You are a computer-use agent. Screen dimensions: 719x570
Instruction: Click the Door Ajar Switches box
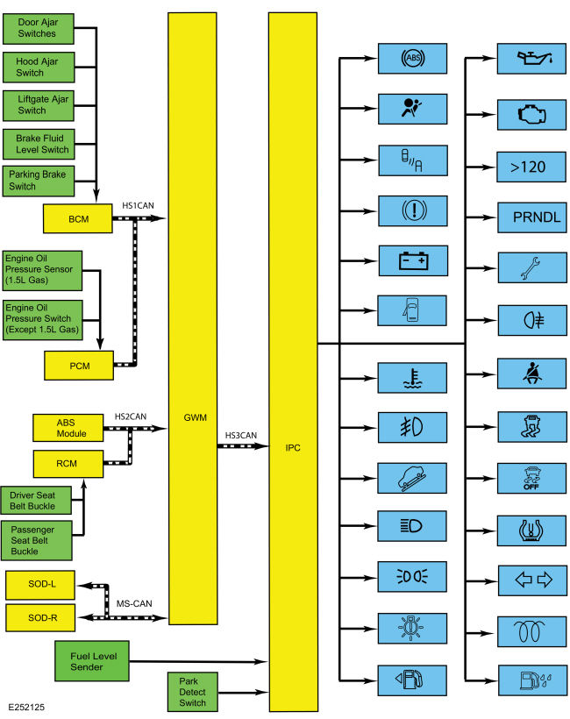click(38, 28)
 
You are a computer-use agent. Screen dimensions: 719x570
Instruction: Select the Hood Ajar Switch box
click(38, 67)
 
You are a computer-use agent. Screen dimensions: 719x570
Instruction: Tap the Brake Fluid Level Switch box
click(38, 144)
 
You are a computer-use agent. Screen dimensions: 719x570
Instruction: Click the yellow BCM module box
click(77, 218)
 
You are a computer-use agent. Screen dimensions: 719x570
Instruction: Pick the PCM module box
click(79, 364)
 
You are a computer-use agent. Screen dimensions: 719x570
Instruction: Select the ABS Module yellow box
click(68, 428)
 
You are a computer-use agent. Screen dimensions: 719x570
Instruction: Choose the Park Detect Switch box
click(192, 692)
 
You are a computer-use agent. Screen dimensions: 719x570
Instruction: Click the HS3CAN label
click(241, 435)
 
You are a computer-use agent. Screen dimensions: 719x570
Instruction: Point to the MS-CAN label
click(135, 603)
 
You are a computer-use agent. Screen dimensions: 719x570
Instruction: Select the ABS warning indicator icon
click(413, 59)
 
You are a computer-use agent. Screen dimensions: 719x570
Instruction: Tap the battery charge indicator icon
click(413, 260)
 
